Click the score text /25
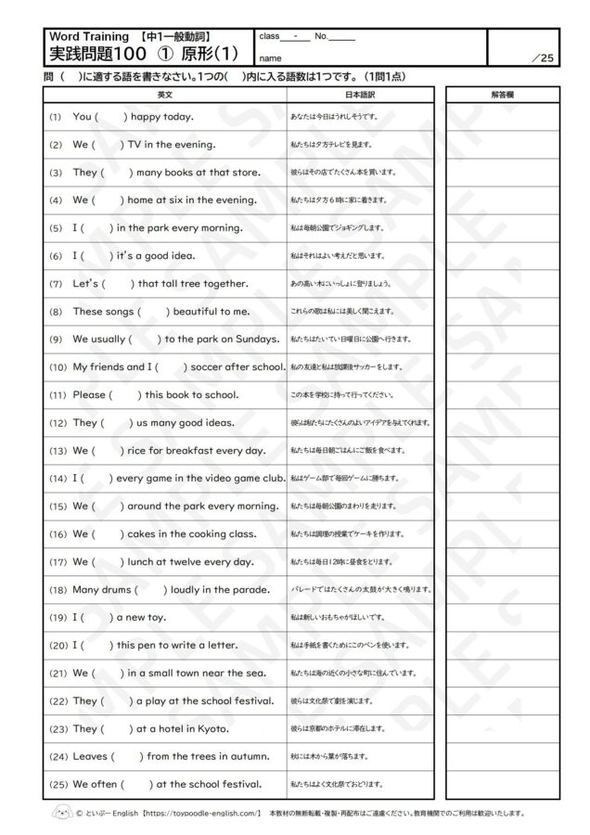pyautogui.click(x=543, y=58)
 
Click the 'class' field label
pyautogui.click(x=270, y=36)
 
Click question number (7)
pyautogui.click(x=55, y=283)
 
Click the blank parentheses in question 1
pyautogui.click(x=110, y=117)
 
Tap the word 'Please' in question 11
pyautogui.click(x=89, y=394)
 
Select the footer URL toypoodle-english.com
pyautogui.click(x=202, y=813)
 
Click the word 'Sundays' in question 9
pyautogui.click(x=248, y=339)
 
